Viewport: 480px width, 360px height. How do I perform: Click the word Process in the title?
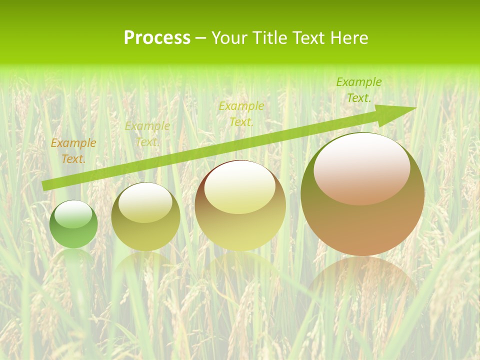(x=157, y=38)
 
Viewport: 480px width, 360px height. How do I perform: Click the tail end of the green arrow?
(x=45, y=185)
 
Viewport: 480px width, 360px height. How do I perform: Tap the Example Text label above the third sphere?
(x=241, y=114)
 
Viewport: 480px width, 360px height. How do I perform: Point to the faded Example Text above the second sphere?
(x=147, y=134)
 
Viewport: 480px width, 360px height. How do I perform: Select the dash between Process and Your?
(x=201, y=38)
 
